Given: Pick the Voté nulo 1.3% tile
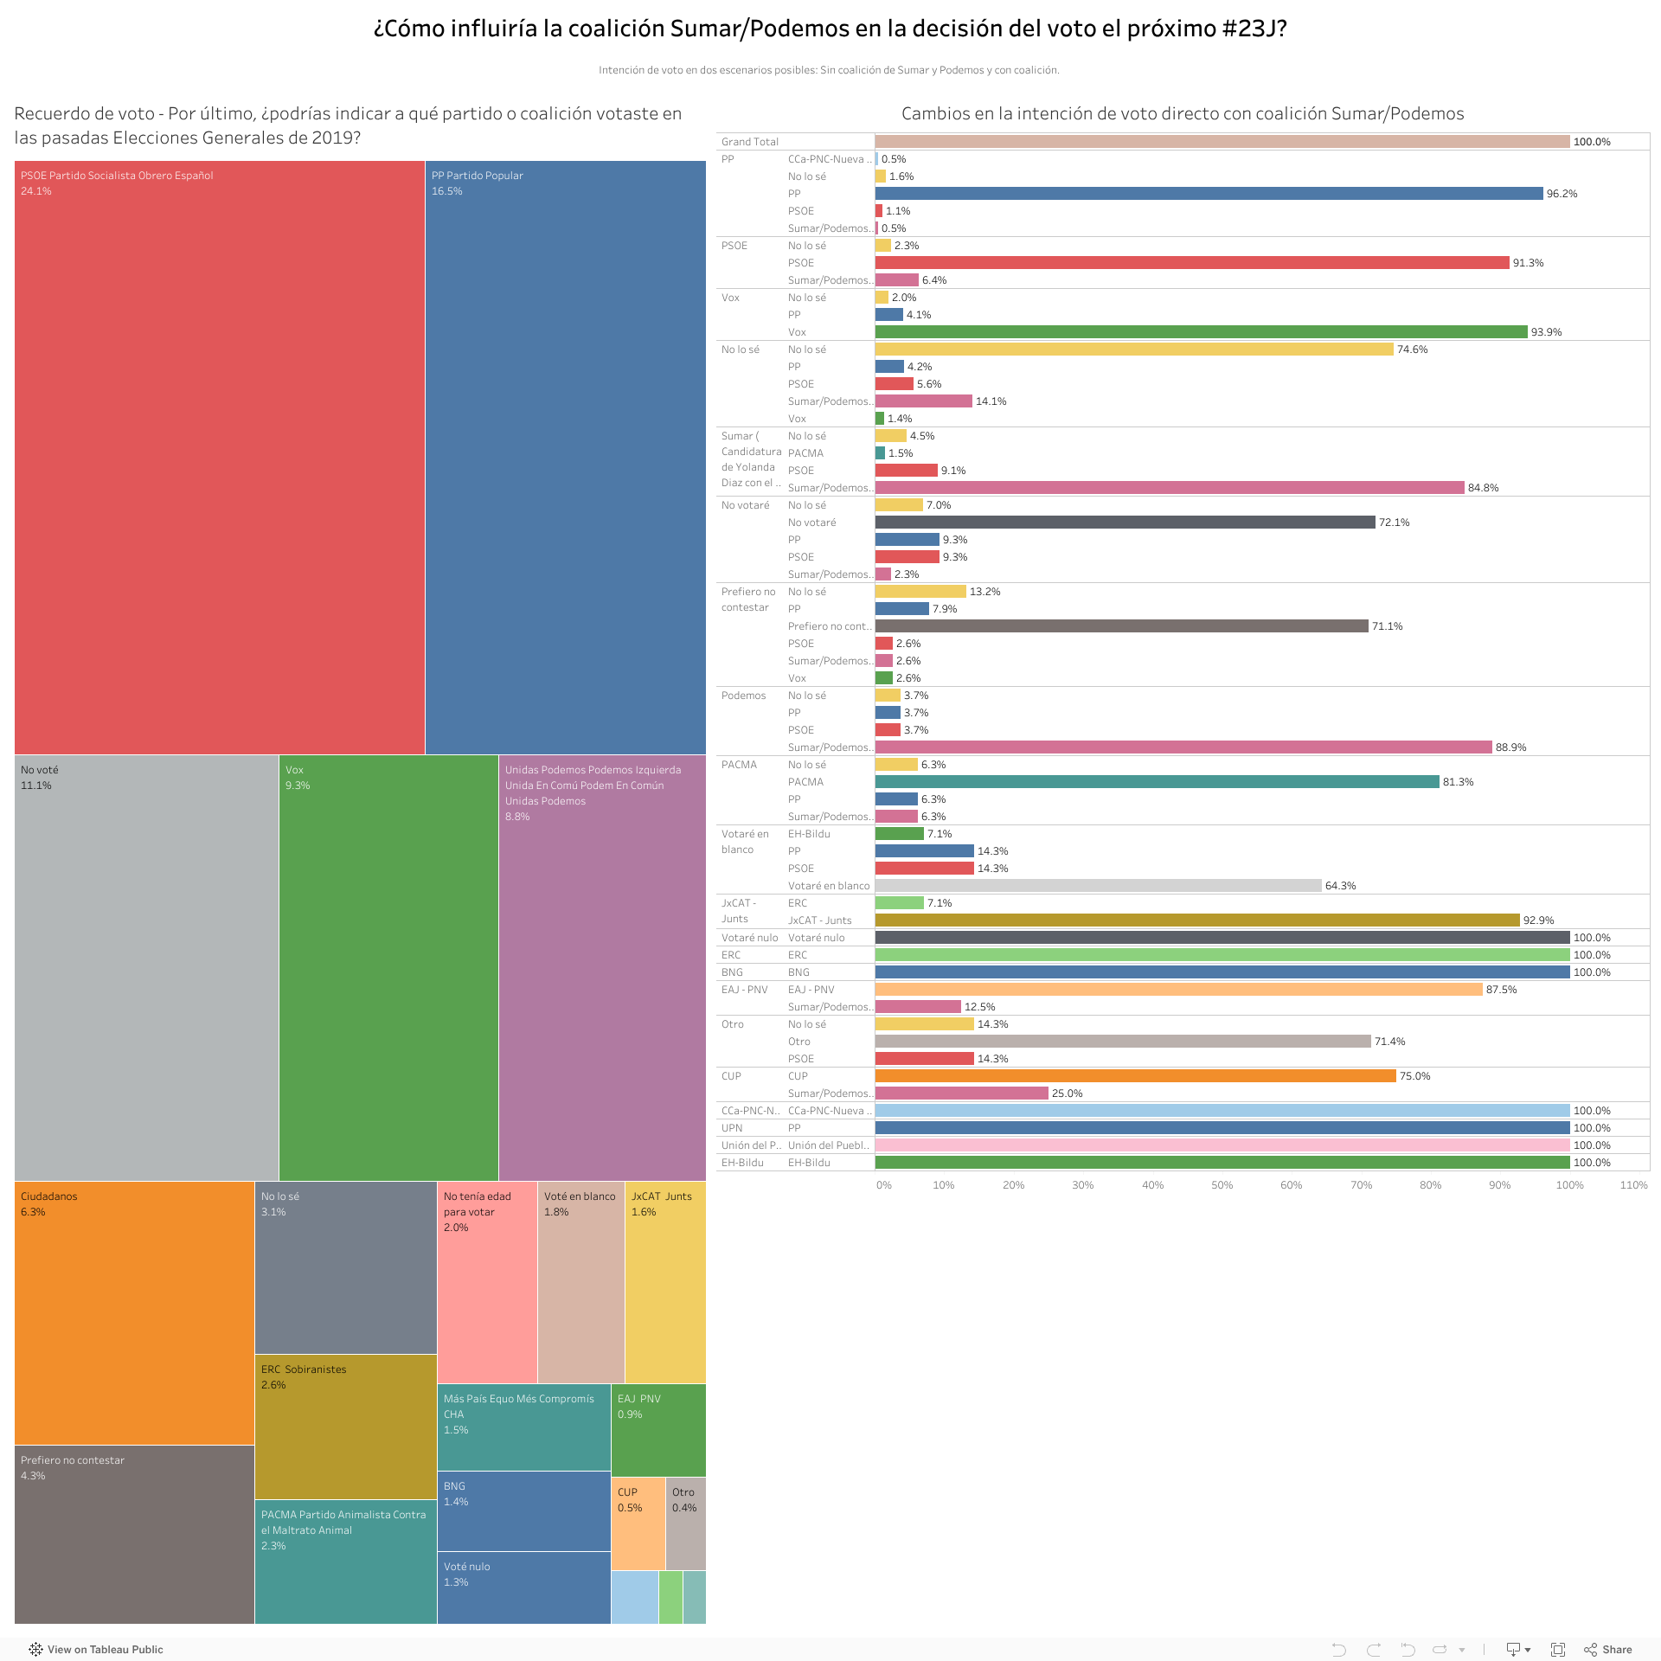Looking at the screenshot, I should click(523, 1587).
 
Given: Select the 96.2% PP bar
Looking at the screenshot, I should click(1209, 194).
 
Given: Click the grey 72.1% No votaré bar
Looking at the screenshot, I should click(1125, 523).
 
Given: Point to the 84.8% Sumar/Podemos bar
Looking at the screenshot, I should click(1170, 488).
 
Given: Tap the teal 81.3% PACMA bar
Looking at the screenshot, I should click(1157, 782).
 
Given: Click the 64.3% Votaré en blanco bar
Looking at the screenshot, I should click(1098, 886).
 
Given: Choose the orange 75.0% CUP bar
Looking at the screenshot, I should click(1135, 1076).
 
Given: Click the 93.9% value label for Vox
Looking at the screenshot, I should click(1546, 332).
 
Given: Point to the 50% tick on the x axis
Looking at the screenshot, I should click(1222, 1185).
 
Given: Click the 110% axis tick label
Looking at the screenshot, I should click(1633, 1185).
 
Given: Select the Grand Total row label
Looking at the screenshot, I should click(750, 142).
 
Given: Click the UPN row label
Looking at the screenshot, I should click(732, 1128).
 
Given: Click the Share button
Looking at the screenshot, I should click(1608, 1650).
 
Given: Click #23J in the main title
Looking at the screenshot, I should click(1254, 29).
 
